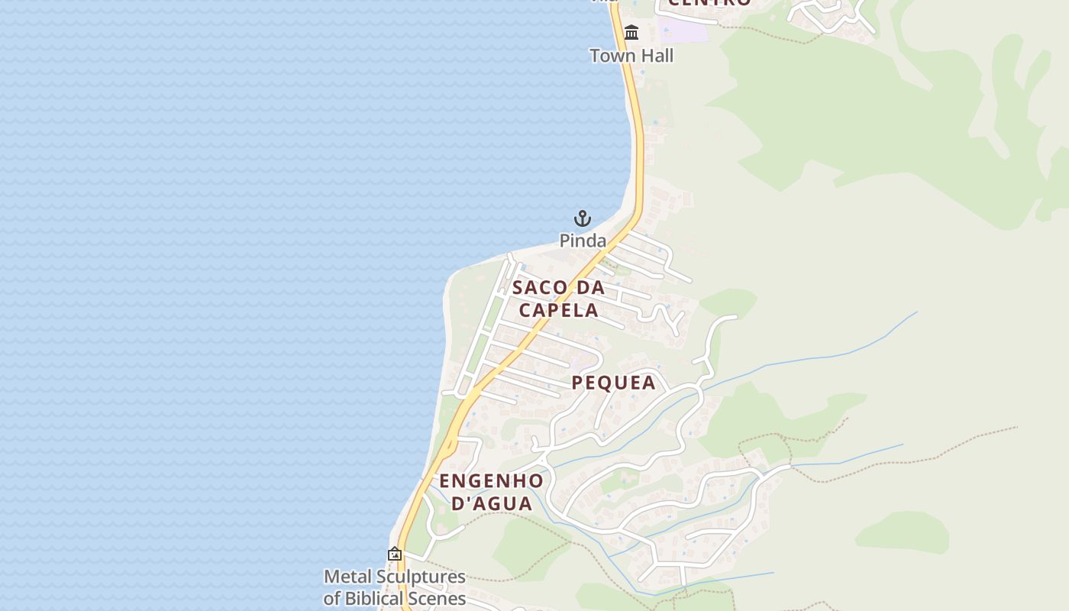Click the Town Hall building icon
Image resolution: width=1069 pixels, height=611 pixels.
(x=631, y=33)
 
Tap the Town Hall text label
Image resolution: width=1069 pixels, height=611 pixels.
(x=631, y=56)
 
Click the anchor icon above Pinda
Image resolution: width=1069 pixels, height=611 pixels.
(x=583, y=218)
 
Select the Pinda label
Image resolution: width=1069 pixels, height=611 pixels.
(x=583, y=241)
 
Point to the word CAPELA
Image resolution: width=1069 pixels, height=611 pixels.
(x=558, y=311)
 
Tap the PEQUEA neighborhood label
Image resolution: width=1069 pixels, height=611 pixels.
(x=614, y=383)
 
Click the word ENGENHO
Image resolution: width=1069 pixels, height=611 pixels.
(x=492, y=481)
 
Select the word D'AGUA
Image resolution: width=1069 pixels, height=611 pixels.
(x=492, y=504)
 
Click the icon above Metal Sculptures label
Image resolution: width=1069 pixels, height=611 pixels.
(x=395, y=554)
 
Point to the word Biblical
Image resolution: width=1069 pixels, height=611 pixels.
(x=382, y=598)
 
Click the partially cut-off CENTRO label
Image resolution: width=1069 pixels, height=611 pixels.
(x=709, y=3)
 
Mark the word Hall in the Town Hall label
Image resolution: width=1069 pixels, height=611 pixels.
(x=655, y=56)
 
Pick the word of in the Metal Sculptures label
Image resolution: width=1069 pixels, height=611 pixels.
(x=332, y=598)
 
